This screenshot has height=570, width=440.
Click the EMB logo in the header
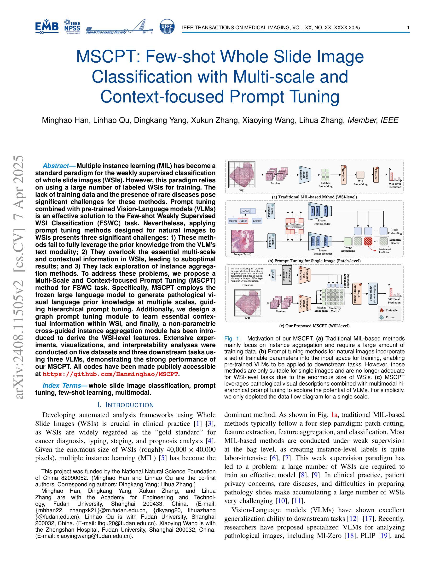47,27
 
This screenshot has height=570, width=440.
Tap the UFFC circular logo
167,27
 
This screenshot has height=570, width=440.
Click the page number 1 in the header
408,28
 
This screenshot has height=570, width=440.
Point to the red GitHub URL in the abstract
110,374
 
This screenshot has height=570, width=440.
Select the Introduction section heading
125,405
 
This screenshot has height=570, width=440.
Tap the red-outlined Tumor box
243,221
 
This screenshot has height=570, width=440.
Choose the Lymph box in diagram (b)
257,221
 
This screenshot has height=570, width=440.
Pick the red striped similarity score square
368,241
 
